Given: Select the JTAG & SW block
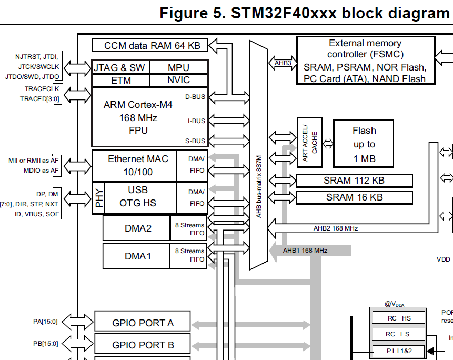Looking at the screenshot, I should point(120,67).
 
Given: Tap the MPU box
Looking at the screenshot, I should point(179,67).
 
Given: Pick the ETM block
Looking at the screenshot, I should point(120,81).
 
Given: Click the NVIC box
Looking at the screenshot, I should point(179,81).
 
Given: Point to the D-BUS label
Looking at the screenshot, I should point(195,97).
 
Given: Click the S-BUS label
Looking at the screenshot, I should point(195,141).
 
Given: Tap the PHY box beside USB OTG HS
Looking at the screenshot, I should point(98,198).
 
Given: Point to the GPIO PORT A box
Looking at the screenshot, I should point(143,323).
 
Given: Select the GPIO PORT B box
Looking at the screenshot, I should point(143,345).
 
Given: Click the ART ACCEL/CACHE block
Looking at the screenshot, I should point(309,143).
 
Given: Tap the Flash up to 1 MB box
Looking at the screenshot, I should point(364,144).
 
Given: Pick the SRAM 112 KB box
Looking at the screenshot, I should point(354,181).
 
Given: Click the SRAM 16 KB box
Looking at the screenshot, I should point(354,197).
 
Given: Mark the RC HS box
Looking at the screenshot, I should point(398,318).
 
